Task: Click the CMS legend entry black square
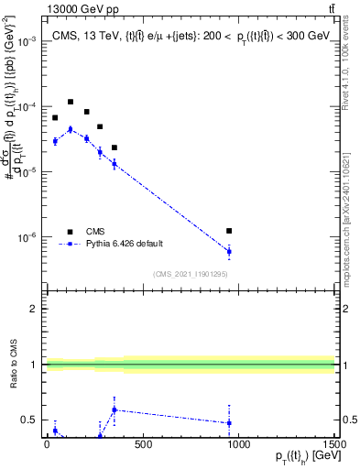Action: (70, 232)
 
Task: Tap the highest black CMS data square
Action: (71, 102)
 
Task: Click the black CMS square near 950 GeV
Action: (229, 231)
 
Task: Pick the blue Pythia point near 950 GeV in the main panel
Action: (229, 251)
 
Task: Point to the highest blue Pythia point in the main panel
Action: (71, 129)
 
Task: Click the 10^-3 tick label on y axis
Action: (24, 42)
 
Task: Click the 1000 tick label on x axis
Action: (238, 446)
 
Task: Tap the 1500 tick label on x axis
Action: (334, 446)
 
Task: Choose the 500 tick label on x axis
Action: (143, 446)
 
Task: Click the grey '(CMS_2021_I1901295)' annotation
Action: (189, 274)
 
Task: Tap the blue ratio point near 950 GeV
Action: (229, 422)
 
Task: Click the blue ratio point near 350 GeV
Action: (114, 409)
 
